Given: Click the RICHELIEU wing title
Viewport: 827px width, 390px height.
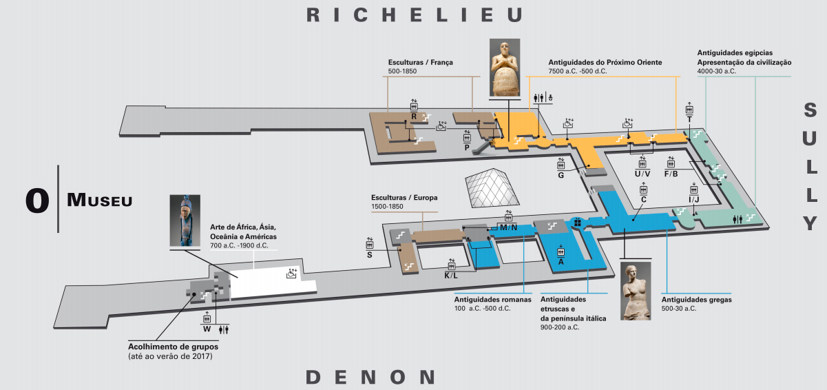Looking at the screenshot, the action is click(x=415, y=14).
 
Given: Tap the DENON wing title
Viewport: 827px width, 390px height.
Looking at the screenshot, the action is click(x=370, y=377).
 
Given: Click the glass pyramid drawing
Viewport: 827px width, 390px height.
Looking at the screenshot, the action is click(x=492, y=187).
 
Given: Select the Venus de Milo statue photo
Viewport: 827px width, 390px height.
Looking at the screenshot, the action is click(x=636, y=291).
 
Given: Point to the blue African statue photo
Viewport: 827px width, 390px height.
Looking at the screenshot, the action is click(x=185, y=220).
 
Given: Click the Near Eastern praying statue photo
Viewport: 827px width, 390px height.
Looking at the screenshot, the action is click(x=505, y=68).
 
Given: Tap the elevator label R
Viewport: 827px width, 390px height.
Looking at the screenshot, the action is click(x=414, y=116).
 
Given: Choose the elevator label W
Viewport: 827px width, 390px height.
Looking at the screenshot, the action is click(x=207, y=329).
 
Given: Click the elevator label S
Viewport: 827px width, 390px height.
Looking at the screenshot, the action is click(x=370, y=255).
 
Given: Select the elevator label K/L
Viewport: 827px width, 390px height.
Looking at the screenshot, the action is click(x=451, y=276).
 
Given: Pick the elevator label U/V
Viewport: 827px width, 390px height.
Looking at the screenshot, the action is click(x=642, y=174).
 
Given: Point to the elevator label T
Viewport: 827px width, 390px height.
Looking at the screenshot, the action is click(x=689, y=120).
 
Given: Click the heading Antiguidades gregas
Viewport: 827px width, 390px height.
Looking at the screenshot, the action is click(x=696, y=300).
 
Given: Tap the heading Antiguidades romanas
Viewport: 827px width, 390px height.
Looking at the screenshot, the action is click(x=492, y=300).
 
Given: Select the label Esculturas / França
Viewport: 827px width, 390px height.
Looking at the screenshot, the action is click(x=420, y=63).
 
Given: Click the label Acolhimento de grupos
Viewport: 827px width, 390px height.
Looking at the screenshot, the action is click(x=173, y=347).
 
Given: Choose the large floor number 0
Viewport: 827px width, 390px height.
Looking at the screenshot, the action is click(x=37, y=201).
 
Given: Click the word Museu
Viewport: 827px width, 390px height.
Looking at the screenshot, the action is click(x=99, y=200).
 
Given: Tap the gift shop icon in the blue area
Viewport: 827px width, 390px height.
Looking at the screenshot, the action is click(x=578, y=223).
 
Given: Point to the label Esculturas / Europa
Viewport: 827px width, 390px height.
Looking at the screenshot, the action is click(x=404, y=198).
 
